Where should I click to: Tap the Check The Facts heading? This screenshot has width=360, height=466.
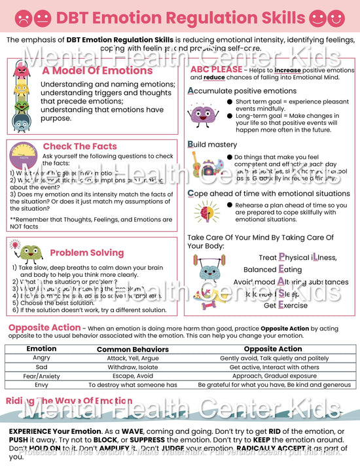tap(80, 147)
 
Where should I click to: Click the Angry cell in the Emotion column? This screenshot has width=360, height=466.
tap(41, 358)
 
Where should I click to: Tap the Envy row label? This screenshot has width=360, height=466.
tap(41, 385)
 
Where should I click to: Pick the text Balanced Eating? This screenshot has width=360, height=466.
tap(273, 269)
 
